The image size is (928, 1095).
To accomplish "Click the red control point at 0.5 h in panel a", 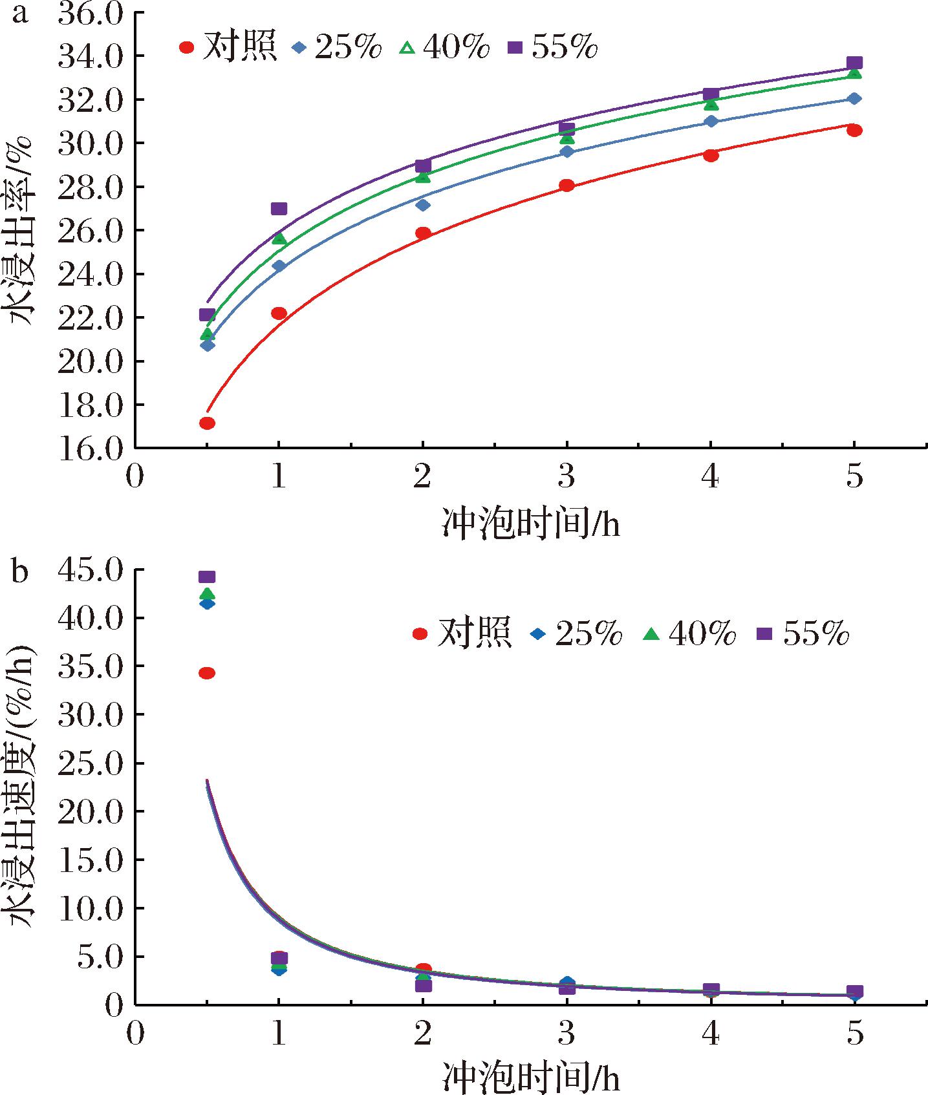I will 207,423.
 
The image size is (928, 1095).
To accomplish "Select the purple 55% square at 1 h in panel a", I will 279,209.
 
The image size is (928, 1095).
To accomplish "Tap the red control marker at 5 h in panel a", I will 854,131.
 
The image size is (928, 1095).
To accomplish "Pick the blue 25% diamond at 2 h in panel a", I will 423,205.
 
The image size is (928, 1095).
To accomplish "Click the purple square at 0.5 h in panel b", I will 207,577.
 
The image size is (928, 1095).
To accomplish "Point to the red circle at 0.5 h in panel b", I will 207,674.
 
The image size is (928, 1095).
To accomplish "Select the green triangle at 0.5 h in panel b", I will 207,593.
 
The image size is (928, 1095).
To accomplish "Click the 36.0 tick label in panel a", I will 91,14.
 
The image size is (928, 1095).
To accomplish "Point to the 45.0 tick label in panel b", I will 91,570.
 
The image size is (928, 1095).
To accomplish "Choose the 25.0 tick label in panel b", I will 91,763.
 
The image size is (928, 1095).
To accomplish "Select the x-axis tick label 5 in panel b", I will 854,1035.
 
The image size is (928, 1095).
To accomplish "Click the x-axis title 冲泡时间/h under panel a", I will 530,523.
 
